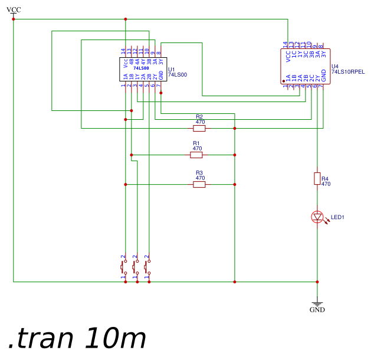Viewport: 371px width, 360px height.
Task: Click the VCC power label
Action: tap(14, 9)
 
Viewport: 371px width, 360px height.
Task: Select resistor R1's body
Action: tap(196, 155)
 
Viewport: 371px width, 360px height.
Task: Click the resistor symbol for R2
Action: tap(199, 128)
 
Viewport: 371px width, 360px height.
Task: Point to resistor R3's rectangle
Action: tap(199, 185)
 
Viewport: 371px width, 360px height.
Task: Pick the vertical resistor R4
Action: tap(317, 178)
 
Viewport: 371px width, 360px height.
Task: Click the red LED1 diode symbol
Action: tap(317, 217)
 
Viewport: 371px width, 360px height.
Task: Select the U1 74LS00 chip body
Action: tap(143, 70)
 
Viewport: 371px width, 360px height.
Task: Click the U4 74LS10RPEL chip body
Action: tap(305, 67)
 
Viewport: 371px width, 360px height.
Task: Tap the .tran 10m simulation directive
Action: tap(77, 339)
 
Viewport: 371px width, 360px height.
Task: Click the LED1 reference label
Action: tap(337, 218)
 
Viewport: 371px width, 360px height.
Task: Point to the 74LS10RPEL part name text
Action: tap(348, 71)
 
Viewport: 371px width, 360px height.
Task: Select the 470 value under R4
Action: tap(326, 184)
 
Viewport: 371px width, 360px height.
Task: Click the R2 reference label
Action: tap(199, 117)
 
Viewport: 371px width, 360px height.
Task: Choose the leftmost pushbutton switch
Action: tap(124, 267)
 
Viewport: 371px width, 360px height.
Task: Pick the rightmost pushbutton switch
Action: tap(148, 267)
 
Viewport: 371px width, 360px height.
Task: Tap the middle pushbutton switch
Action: tap(136, 267)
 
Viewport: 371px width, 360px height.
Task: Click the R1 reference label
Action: tap(196, 143)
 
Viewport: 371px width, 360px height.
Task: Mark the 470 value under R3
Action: tap(200, 178)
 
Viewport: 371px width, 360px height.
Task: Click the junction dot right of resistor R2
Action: tap(235, 128)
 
